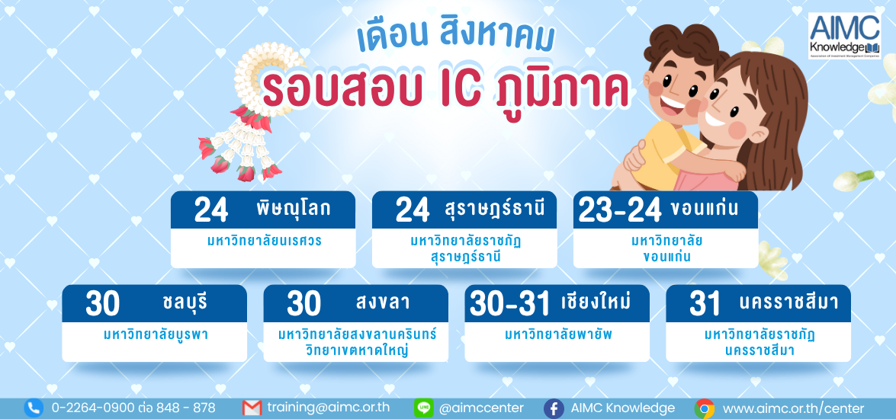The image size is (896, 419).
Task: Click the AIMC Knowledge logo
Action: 844,36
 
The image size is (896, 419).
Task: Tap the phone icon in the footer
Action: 34,408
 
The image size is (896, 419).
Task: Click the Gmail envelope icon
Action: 252,408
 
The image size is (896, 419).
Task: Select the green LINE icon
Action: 423,408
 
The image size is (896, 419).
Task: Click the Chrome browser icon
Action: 705,409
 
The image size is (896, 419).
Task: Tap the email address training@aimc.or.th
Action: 329,408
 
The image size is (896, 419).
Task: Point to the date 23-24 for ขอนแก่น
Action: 620,210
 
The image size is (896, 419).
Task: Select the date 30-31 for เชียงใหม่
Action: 509,304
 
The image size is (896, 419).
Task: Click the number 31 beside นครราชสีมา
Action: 705,304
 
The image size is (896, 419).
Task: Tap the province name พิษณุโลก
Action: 294,209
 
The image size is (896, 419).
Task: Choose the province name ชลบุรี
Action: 184,302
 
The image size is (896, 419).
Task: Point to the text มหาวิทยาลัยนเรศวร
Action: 264,241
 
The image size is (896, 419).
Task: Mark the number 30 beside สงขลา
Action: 304,304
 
